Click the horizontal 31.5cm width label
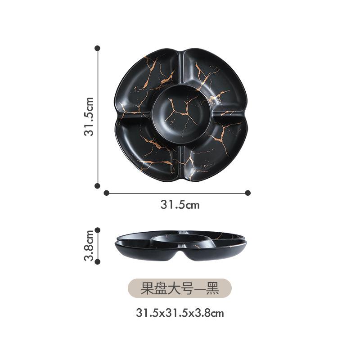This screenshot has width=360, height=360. (180, 205)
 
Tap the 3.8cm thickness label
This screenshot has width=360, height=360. (90, 245)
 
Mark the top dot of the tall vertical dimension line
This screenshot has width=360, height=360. (97, 47)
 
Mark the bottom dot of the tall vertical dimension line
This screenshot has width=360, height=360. (97, 185)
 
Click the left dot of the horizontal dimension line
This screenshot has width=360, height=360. (106, 193)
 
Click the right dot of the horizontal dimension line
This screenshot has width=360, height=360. (247, 193)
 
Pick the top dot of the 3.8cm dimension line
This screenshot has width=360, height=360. (97, 229)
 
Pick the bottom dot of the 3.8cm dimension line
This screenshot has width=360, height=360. (97, 261)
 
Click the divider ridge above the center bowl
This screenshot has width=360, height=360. (182, 67)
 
